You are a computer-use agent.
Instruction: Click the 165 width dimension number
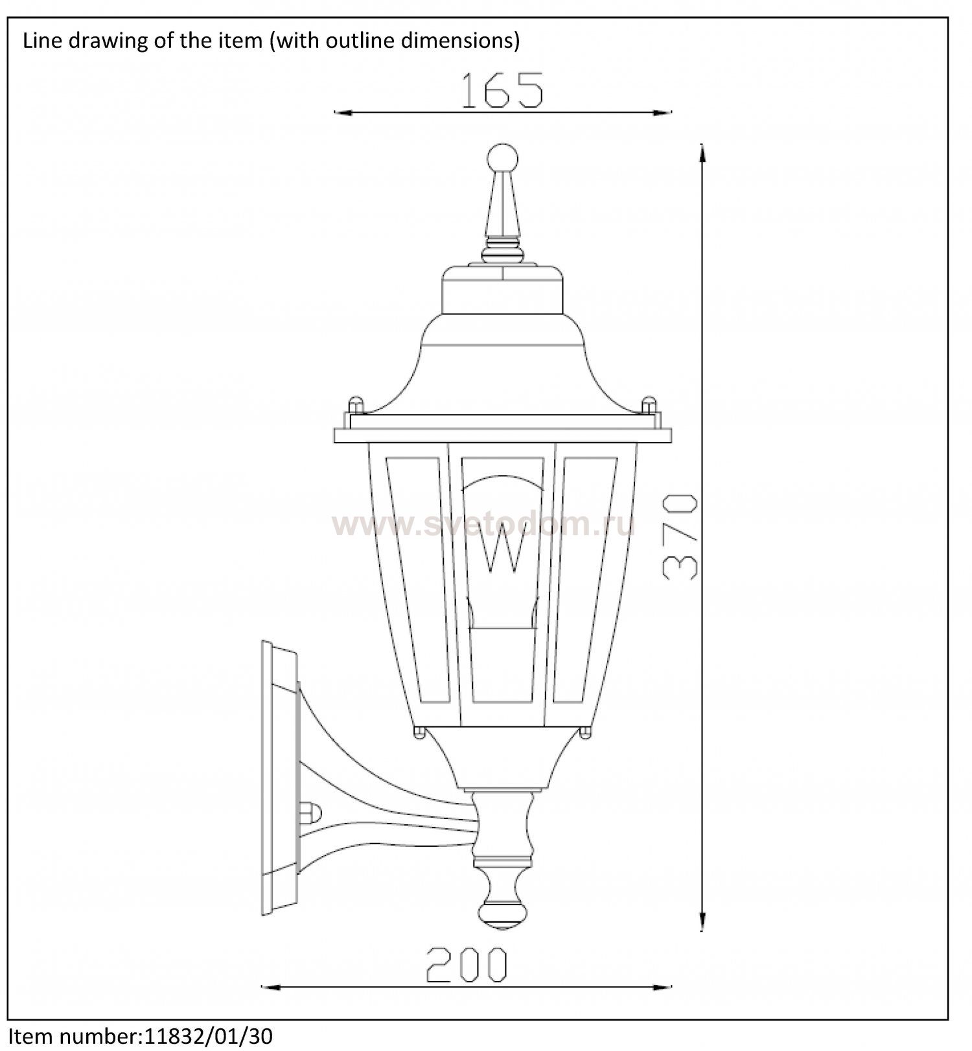tap(502, 90)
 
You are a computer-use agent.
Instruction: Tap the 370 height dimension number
tap(680, 537)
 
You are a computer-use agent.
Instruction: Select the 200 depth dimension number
tap(467, 965)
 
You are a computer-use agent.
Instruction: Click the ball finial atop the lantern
tap(503, 158)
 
